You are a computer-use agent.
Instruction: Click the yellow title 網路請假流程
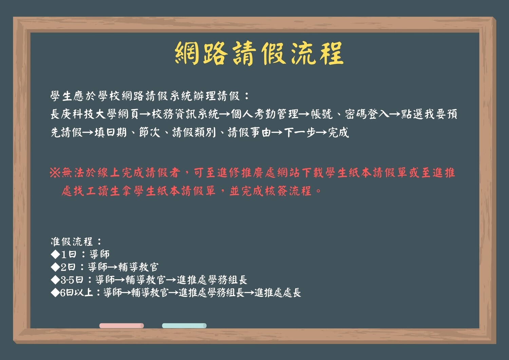259,53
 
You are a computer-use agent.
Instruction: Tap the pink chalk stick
121,325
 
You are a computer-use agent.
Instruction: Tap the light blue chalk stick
184,325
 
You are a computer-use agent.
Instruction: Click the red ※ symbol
55,173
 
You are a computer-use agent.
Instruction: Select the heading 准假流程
72,241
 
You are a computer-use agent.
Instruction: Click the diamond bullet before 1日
55,254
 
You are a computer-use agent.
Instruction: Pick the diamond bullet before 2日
55,267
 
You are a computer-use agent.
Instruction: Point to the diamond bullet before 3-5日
55,280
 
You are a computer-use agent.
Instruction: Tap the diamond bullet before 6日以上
55,292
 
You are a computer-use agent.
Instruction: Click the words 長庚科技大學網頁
95,114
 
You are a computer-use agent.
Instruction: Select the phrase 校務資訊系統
185,114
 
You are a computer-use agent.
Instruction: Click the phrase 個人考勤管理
265,114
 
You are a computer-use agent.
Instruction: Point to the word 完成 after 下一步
339,133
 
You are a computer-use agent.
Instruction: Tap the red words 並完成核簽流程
270,191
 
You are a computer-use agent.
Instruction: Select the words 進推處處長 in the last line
278,292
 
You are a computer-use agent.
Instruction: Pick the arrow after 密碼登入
395,114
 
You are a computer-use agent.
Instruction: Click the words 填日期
110,133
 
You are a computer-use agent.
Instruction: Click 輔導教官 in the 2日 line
138,267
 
